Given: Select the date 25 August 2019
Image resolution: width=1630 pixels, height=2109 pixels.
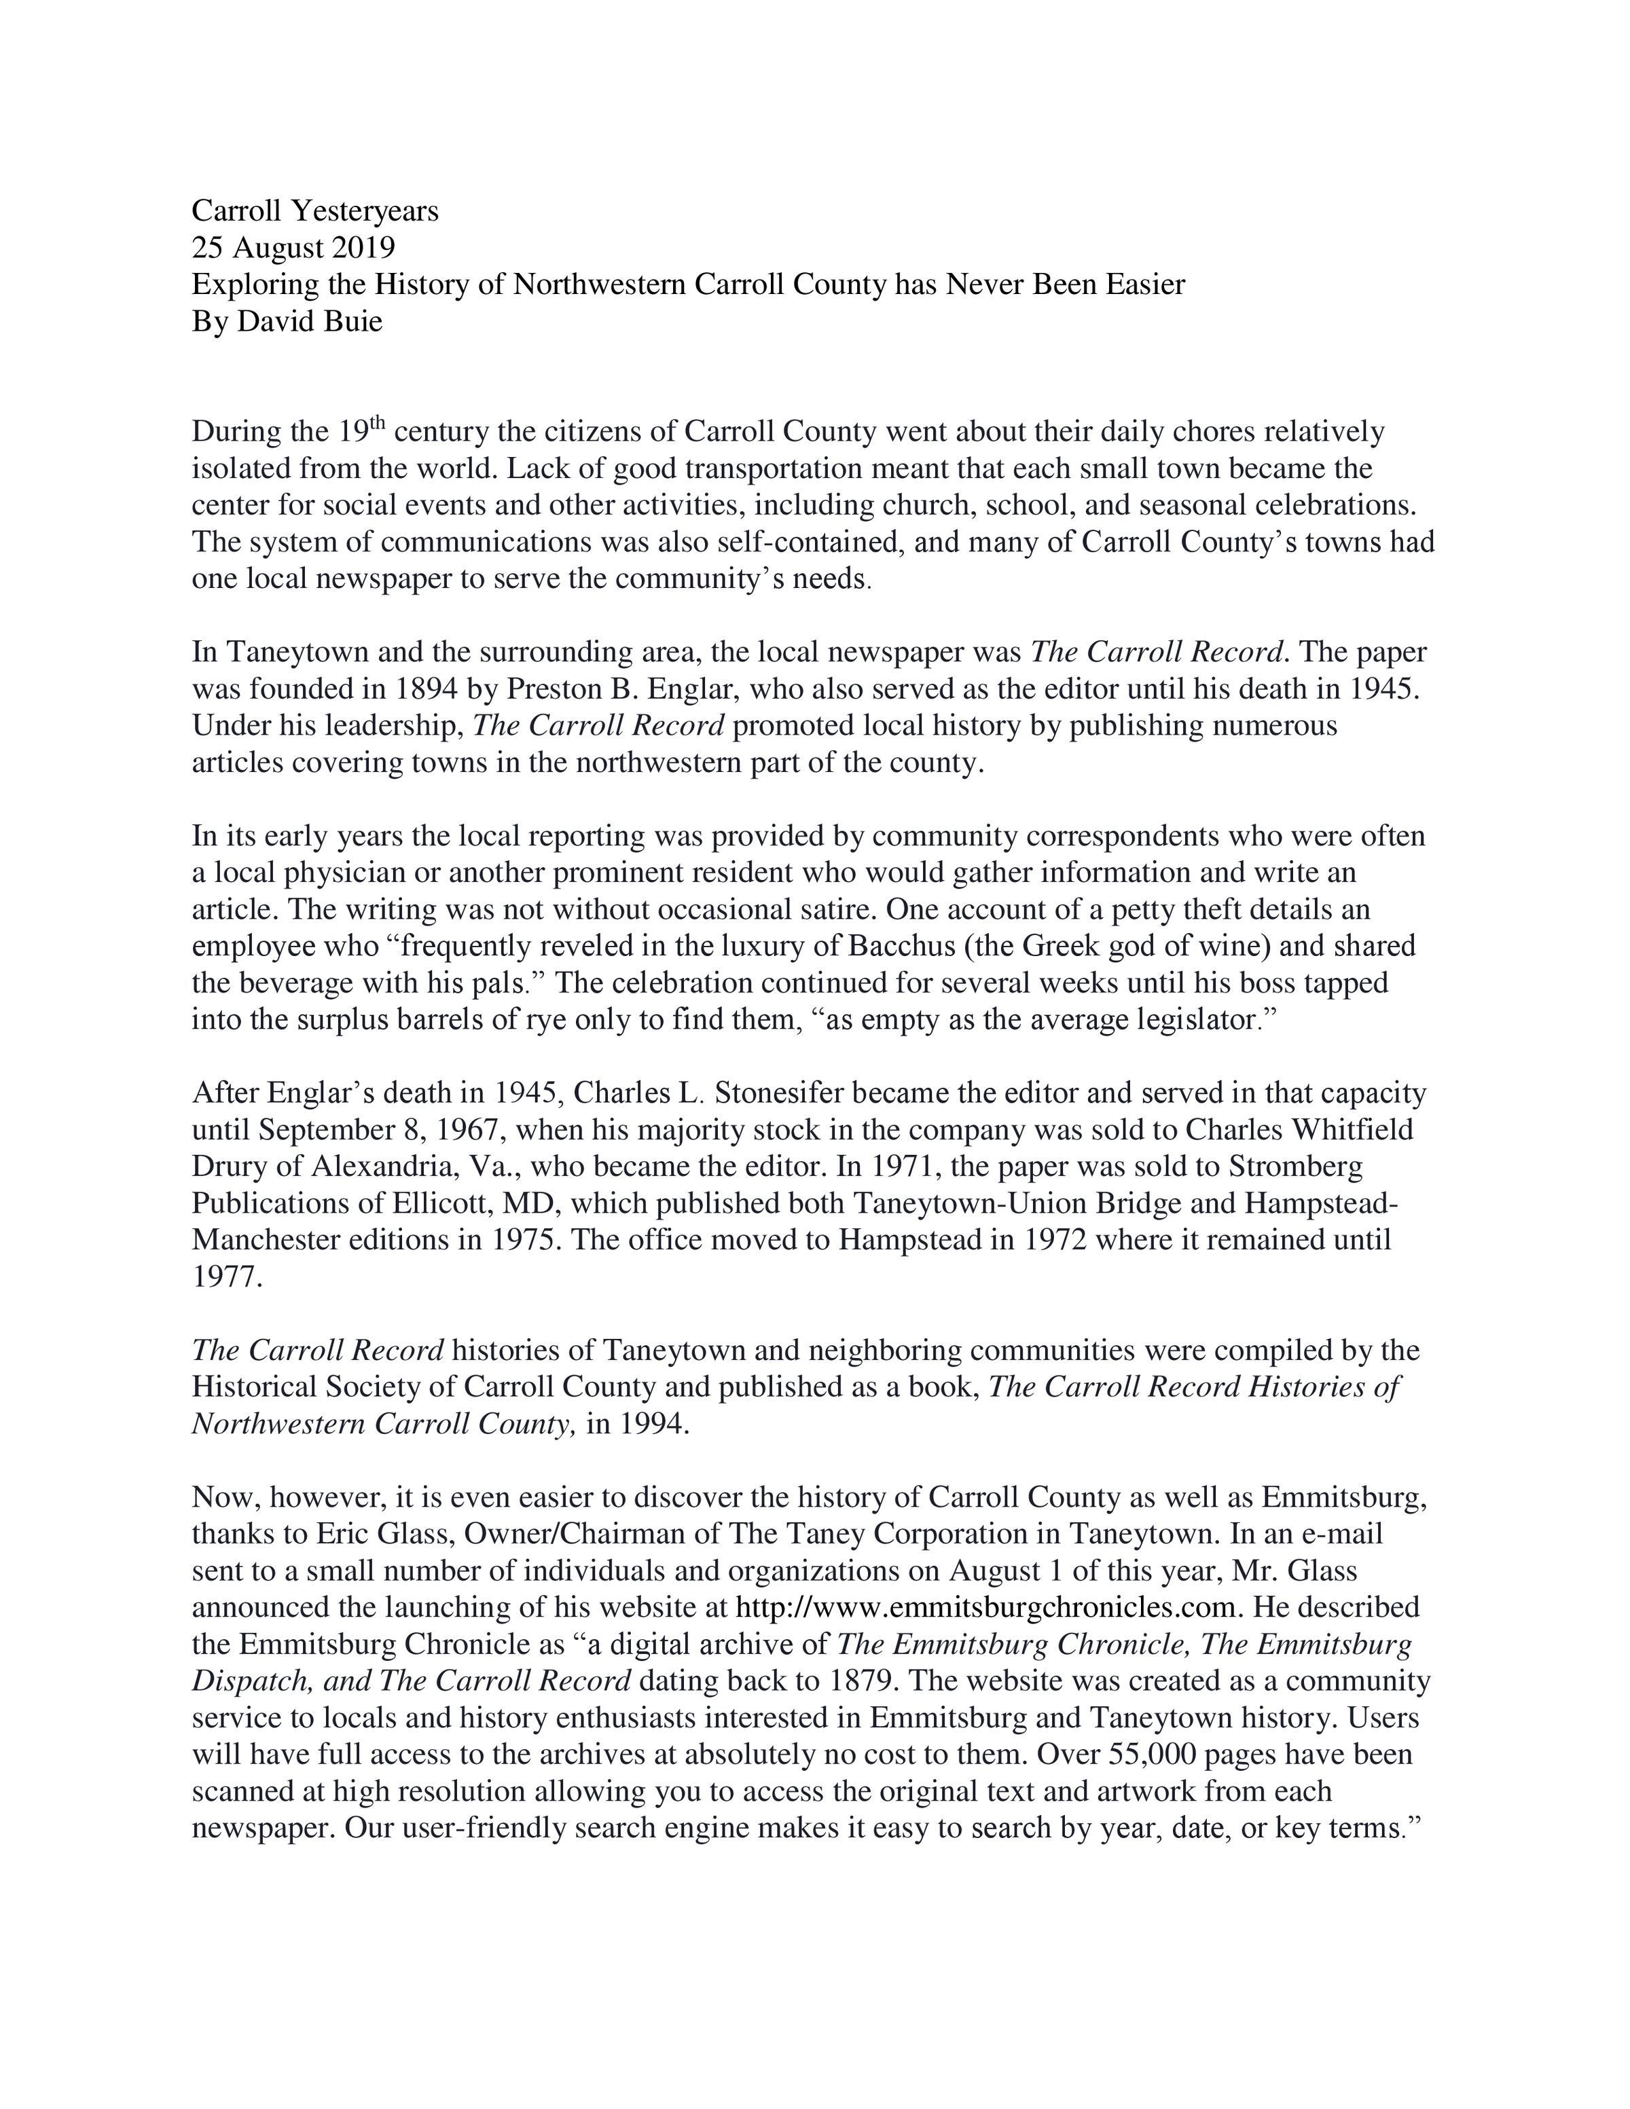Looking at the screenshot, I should (293, 247).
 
